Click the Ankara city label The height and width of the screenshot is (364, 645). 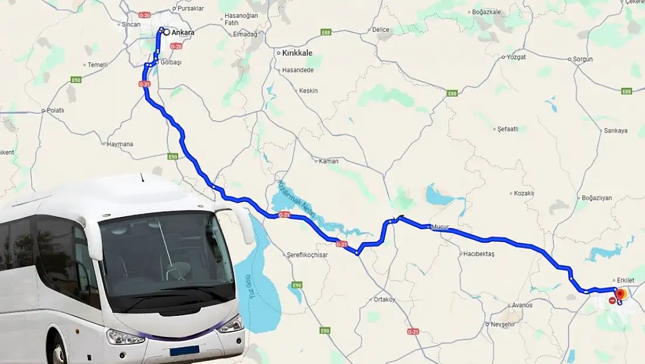(x=183, y=33)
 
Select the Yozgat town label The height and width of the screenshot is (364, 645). (x=517, y=57)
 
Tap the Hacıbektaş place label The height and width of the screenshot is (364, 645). (x=479, y=254)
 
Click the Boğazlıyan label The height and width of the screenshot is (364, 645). (x=596, y=198)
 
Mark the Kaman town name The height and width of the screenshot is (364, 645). (x=329, y=161)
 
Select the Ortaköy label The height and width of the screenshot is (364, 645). (x=384, y=300)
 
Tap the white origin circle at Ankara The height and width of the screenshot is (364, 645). (x=166, y=32)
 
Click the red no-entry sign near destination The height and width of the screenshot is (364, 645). (x=612, y=301)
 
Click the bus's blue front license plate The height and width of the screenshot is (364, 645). (x=185, y=351)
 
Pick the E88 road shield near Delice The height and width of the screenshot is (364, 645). (x=326, y=32)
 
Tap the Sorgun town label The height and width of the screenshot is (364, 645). (x=583, y=59)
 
